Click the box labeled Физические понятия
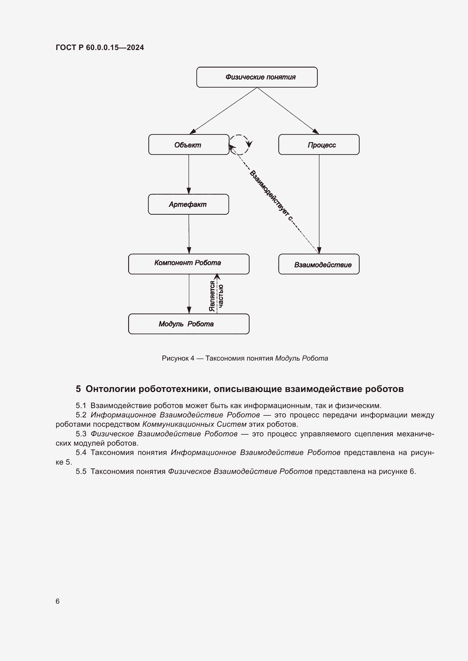[x=257, y=77]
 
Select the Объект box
[x=189, y=144]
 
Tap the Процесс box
[x=319, y=144]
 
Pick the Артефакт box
[x=188, y=204]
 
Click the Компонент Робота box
[x=189, y=264]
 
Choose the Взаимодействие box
[x=319, y=264]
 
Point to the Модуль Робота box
[x=189, y=324]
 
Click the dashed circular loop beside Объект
[x=240, y=145]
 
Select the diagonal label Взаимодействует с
[x=271, y=196]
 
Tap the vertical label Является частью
[x=216, y=296]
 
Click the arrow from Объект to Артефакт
[x=189, y=174]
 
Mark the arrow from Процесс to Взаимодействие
[x=319, y=204]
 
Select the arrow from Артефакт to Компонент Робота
[x=189, y=234]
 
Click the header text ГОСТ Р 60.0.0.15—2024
[x=100, y=47]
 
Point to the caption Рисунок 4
[x=178, y=358]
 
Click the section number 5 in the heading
[x=78, y=389]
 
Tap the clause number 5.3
[x=81, y=434]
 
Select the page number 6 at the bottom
[x=58, y=601]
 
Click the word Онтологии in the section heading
[x=111, y=389]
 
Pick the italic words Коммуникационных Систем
[x=194, y=424]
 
